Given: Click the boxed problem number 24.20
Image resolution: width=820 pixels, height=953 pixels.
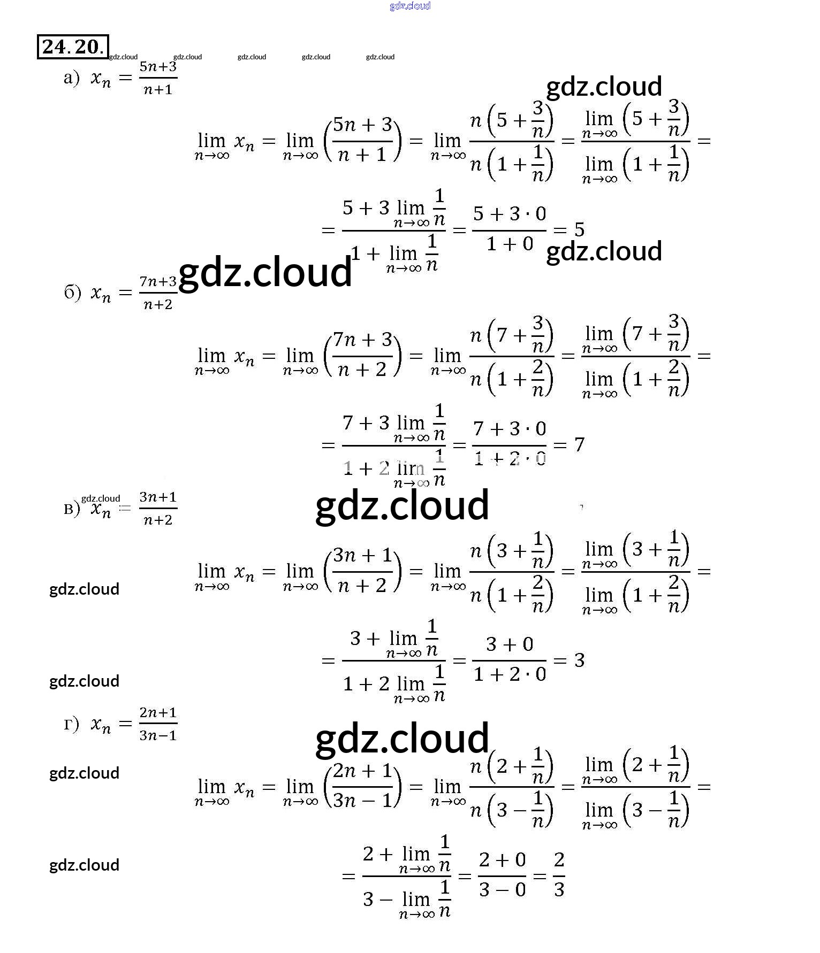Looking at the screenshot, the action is point(73,47).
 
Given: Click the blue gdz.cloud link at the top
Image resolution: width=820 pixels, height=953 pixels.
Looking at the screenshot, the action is point(410,6).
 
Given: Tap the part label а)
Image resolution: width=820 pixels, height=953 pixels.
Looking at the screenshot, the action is point(71,78).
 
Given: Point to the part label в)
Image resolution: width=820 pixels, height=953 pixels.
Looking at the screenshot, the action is point(71,508).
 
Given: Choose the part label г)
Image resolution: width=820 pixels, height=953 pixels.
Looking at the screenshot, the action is point(71,724).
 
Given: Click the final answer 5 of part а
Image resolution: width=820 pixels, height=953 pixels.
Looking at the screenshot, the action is point(579,230).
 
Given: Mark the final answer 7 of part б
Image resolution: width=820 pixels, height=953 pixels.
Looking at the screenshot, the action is point(579,445).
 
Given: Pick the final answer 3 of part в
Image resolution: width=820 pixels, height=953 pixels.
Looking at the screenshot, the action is point(579,660).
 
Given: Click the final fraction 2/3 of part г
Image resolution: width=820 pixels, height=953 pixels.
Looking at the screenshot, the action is point(559,875).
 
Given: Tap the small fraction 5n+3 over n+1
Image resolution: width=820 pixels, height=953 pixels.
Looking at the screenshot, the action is point(158,78).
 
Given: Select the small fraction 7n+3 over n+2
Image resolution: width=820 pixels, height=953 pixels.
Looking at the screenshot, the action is point(158,293).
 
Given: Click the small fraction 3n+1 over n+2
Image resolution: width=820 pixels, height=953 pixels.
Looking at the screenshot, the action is point(158,508).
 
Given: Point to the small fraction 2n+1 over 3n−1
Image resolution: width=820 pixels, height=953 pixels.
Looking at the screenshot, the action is point(158,724).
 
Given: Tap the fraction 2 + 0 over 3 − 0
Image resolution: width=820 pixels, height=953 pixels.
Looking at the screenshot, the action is point(502,875).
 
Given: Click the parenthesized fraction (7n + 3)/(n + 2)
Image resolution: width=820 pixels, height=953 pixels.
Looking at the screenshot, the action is point(362,355).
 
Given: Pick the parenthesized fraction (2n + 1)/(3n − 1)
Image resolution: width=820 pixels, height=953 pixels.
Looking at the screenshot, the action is point(362,786).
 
